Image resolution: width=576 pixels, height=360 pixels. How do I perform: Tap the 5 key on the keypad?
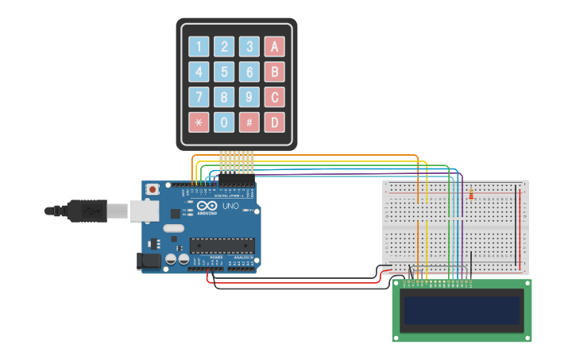225,72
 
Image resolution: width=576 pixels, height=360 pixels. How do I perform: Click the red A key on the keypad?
274,47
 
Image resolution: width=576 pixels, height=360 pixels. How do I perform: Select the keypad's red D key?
274,122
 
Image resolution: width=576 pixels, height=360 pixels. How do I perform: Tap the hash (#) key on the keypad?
249,122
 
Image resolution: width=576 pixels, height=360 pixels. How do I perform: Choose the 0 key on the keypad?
225,122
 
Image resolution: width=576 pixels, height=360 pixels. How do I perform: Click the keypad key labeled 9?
249,97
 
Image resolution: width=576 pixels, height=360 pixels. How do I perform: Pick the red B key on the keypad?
274,72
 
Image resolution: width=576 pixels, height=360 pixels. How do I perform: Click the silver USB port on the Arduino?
143,211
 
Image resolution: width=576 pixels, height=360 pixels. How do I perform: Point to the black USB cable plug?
87,211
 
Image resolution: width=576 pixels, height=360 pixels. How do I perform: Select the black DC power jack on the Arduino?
149,260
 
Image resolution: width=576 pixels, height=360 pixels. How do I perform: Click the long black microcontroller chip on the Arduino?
222,247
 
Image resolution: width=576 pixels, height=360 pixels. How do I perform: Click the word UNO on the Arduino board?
230,207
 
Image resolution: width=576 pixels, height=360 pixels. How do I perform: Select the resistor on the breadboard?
471,194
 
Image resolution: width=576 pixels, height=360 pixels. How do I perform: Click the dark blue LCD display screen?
462,310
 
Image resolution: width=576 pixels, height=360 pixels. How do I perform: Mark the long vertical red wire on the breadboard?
520,226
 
